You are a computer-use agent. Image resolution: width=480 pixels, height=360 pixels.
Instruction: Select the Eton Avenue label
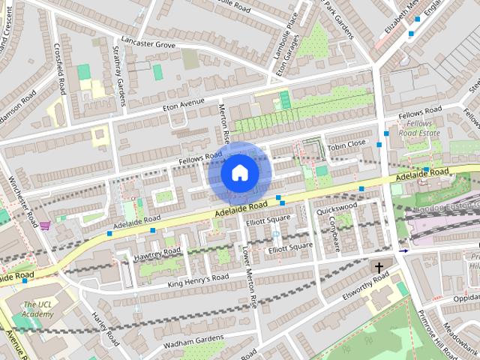[x=184, y=103]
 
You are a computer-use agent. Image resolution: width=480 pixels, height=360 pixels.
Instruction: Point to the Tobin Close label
[x=346, y=143]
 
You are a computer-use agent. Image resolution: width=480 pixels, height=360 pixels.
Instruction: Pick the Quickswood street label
[x=337, y=208]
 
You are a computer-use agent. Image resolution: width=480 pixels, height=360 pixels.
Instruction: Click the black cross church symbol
[x=379, y=267]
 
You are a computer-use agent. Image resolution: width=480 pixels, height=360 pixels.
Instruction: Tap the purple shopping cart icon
[x=45, y=224]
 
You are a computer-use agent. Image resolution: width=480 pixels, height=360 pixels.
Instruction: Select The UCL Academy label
[x=38, y=309]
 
